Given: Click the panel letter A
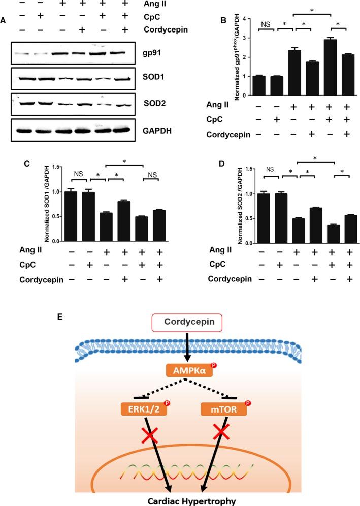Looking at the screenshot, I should click(x=4, y=20).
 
